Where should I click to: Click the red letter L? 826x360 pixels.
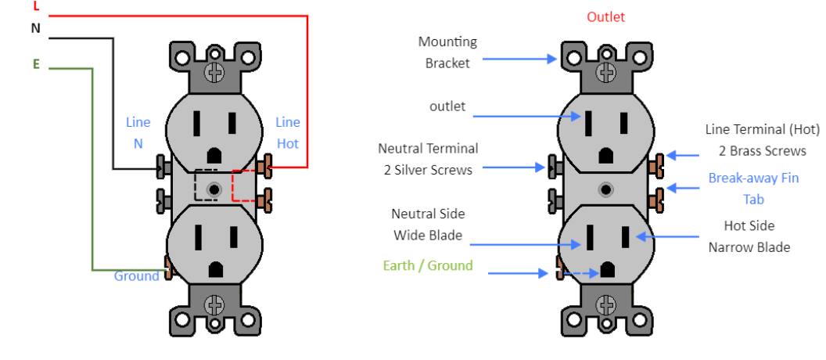click(x=36, y=5)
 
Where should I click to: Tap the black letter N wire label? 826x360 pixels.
click(x=36, y=28)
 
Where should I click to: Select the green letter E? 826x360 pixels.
click(x=36, y=64)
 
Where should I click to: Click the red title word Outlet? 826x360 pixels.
click(x=605, y=17)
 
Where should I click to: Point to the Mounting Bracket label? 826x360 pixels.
click(x=447, y=52)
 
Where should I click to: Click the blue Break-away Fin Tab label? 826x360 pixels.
click(x=753, y=189)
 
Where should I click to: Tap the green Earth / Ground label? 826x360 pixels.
click(x=428, y=265)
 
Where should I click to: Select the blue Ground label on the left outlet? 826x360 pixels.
click(x=137, y=276)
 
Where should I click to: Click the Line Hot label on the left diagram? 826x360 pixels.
click(x=288, y=133)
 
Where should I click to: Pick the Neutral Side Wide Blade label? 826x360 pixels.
click(x=428, y=225)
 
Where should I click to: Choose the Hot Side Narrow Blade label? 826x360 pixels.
click(x=749, y=236)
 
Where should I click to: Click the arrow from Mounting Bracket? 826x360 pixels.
click(x=520, y=59)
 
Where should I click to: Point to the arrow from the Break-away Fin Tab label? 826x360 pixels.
click(x=682, y=188)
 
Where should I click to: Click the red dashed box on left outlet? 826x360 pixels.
click(x=244, y=186)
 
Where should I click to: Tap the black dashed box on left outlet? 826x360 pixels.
click(x=206, y=185)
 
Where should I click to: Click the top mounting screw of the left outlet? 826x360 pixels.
click(x=215, y=73)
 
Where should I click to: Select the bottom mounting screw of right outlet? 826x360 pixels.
click(x=606, y=305)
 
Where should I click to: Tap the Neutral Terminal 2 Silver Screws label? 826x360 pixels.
click(x=428, y=159)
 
